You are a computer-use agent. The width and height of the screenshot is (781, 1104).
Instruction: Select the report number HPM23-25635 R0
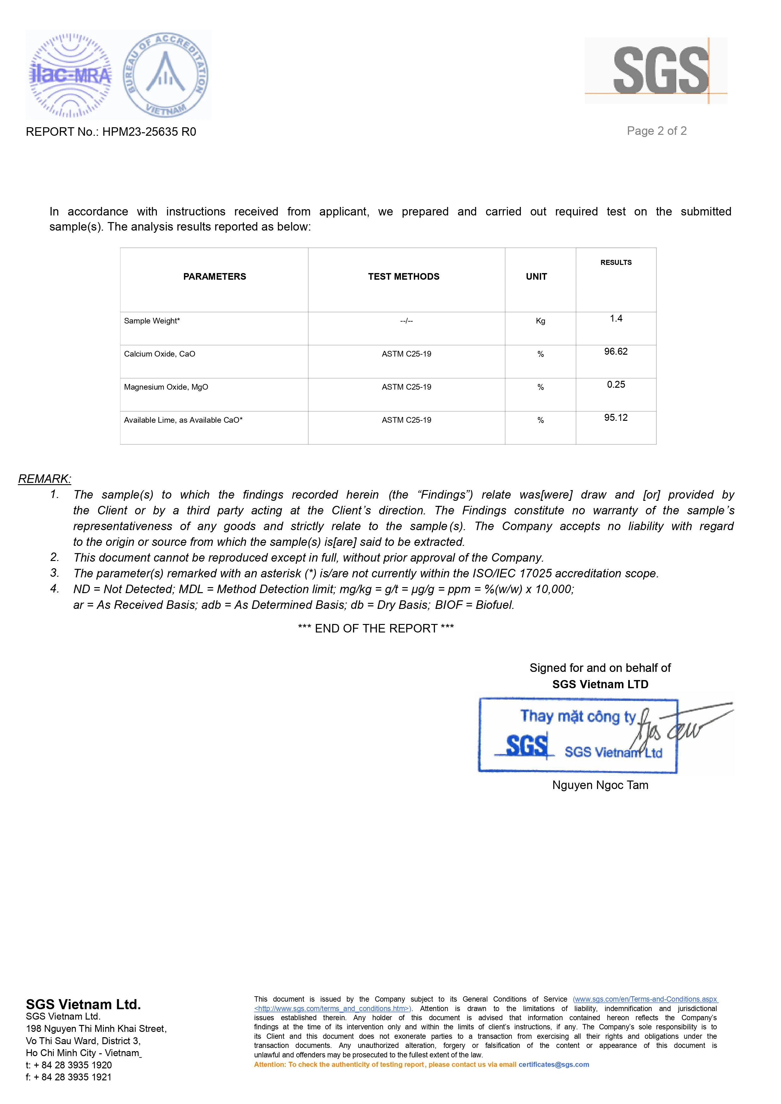(x=149, y=132)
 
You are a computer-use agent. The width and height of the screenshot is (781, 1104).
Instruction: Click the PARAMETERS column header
(x=214, y=277)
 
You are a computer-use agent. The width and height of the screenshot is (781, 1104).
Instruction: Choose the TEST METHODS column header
(x=403, y=277)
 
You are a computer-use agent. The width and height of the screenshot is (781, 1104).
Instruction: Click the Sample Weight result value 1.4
(x=616, y=318)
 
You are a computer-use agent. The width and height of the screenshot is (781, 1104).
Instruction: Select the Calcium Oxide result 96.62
(x=616, y=352)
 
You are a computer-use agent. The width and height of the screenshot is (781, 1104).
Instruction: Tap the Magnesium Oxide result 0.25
(x=616, y=385)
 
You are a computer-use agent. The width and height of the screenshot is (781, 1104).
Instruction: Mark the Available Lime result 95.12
(x=616, y=418)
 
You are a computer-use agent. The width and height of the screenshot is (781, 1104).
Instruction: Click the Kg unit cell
(x=540, y=321)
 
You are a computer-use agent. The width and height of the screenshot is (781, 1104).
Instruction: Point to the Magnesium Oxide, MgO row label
(x=166, y=387)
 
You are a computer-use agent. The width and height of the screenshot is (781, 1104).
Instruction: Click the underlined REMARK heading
(x=45, y=479)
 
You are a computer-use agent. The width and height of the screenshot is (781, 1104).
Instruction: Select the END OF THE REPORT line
(x=376, y=628)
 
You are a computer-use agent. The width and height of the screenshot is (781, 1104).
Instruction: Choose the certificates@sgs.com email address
(x=554, y=1065)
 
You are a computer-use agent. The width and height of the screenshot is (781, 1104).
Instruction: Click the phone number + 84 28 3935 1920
(x=73, y=1065)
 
